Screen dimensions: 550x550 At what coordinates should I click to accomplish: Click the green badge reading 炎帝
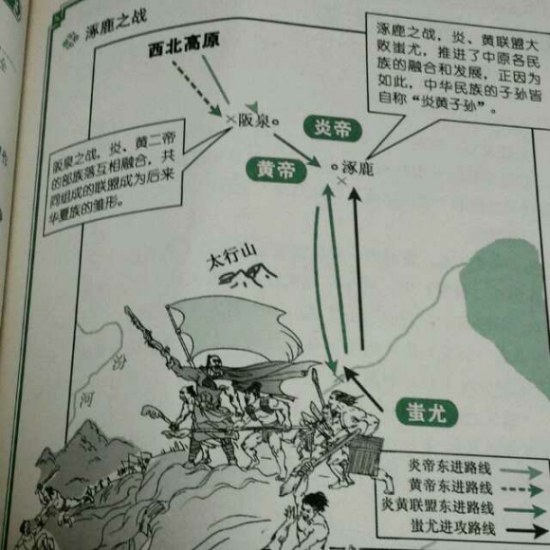click(x=331, y=127)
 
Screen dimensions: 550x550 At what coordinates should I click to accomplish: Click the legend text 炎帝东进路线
click(x=449, y=467)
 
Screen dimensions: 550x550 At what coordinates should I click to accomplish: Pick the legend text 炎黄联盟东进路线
click(x=437, y=506)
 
